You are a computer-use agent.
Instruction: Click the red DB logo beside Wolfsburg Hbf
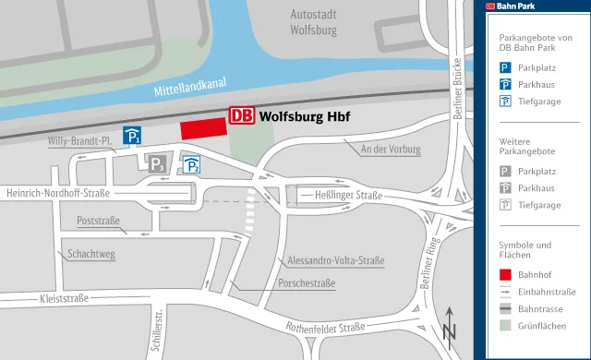(x=241, y=116)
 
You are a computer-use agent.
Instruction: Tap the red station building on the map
(x=204, y=130)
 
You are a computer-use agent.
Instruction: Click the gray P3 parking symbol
(x=157, y=165)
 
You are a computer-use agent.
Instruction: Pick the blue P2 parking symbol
(x=191, y=165)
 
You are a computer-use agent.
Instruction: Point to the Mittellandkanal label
(x=190, y=86)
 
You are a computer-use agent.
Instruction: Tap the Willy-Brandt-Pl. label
(x=79, y=141)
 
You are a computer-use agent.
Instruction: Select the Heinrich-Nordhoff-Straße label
(x=57, y=194)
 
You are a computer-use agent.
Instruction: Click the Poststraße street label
(x=99, y=222)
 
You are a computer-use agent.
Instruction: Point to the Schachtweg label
(x=90, y=254)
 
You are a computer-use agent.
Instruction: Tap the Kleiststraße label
(x=64, y=298)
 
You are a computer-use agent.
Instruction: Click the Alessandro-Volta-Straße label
(x=335, y=261)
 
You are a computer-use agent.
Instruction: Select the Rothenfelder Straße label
(x=326, y=328)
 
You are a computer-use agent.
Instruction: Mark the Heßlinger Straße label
(x=348, y=195)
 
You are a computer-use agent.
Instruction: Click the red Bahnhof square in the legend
(x=506, y=274)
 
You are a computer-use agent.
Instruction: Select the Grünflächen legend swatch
(x=506, y=326)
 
